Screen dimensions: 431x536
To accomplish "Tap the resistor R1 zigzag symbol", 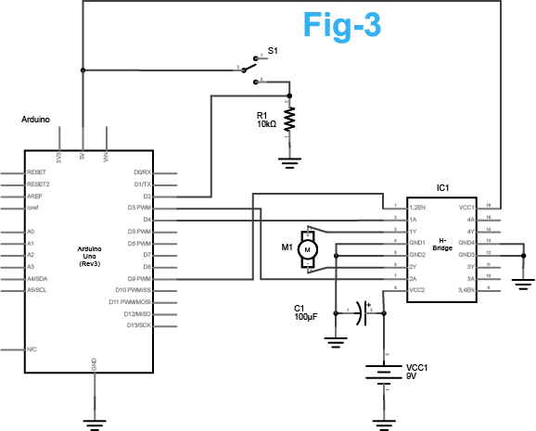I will pos(290,120).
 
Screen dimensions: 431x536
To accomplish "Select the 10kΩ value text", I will pos(267,124).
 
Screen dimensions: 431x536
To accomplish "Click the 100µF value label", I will pos(306,318).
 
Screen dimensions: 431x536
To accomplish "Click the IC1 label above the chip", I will pos(442,187).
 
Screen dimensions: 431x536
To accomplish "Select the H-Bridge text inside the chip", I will pos(442,246).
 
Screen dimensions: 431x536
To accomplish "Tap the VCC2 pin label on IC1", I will pos(417,290).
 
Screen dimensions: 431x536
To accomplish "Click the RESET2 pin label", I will pos(38,184).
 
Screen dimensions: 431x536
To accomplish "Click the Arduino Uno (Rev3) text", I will pos(94,255).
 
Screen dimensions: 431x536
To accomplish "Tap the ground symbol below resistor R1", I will pos(290,163).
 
